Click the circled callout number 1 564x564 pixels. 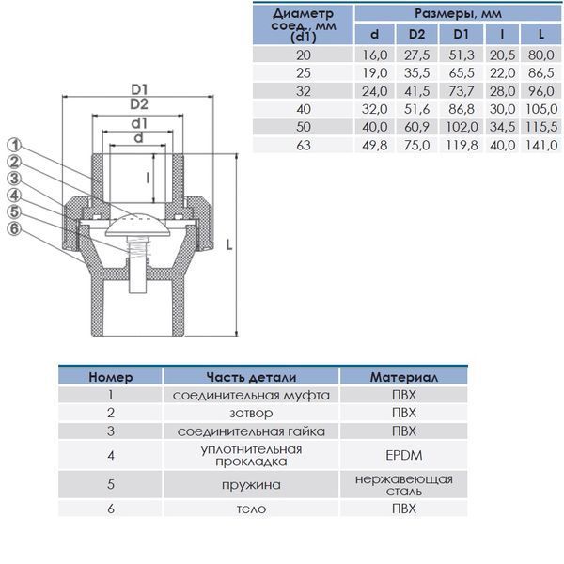[15, 145]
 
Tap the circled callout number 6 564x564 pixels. [14, 228]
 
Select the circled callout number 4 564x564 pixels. [15, 196]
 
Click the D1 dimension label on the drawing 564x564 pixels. [139, 89]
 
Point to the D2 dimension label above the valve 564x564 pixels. [139, 104]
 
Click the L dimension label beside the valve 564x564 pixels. [229, 245]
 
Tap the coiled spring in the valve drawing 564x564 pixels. [138, 249]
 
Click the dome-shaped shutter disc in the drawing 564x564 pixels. [138, 226]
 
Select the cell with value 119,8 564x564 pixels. [462, 146]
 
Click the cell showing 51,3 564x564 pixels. [462, 55]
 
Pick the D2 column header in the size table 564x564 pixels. [416, 34]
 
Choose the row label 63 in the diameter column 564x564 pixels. [304, 146]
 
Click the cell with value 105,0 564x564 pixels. [541, 109]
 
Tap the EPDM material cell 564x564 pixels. [404, 455]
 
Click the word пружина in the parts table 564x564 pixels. [251, 485]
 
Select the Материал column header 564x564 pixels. [404, 377]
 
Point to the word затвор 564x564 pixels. [251, 413]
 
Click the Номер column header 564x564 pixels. [111, 377]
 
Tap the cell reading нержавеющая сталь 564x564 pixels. [404, 485]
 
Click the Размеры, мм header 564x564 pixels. [458, 14]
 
